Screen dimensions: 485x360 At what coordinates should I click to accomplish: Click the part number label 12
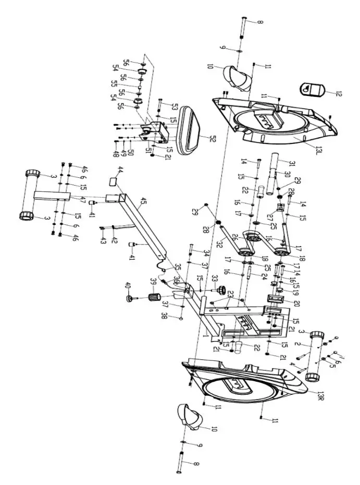pos(339,94)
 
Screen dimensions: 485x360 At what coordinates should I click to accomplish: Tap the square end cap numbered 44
pos(113,181)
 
